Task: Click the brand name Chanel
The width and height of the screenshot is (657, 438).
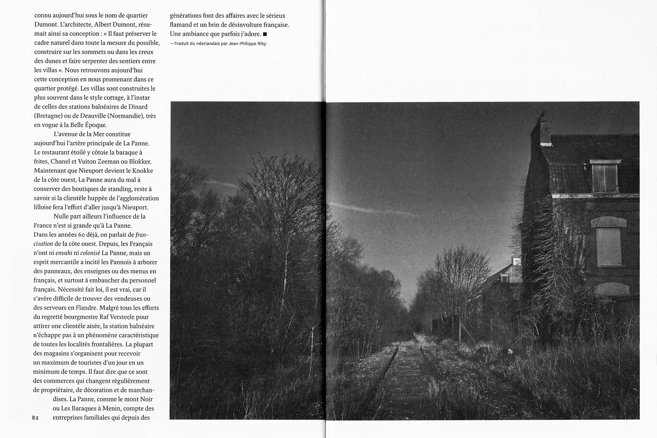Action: click(61, 162)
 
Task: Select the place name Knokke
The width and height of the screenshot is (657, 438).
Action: click(141, 171)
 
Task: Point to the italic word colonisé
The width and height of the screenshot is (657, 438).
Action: click(90, 253)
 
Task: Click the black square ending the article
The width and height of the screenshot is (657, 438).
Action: click(265, 34)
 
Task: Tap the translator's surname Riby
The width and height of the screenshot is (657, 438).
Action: click(260, 43)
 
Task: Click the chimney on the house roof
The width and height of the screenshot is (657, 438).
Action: click(545, 128)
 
